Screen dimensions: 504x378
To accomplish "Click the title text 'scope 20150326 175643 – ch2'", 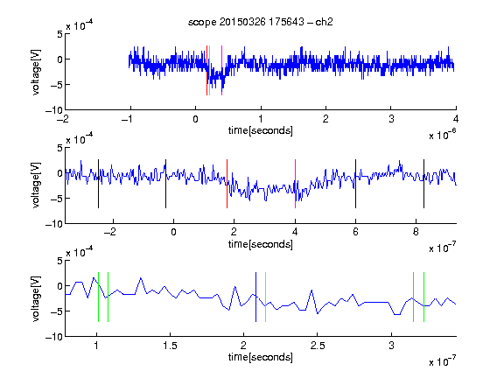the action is (261, 22).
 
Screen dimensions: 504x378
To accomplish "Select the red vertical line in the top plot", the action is (207, 70).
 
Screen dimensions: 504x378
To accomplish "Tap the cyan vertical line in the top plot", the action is (210, 70).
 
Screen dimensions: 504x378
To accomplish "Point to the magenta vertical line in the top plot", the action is (221, 70).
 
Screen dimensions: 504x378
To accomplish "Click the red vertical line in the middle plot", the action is (227, 184).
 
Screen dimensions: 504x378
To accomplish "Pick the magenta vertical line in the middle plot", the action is (295, 184).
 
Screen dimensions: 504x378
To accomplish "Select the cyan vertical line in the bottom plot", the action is (265, 297).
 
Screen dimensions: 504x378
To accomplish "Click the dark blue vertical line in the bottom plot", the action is (255, 297).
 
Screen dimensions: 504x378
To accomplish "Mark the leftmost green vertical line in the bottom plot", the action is (98, 297).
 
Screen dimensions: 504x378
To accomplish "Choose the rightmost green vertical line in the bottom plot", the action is (424, 297).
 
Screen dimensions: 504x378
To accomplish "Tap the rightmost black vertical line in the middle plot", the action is (424, 184).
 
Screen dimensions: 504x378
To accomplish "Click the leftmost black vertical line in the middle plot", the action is (98, 184).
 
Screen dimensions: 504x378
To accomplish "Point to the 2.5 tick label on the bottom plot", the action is (318, 346).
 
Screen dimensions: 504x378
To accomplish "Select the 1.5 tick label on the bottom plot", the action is (170, 346).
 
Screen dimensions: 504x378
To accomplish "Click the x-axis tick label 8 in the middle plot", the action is (416, 232).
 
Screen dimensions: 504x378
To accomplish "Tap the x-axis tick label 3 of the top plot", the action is (391, 119).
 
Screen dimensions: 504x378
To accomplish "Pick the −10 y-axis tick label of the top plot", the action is (54, 110).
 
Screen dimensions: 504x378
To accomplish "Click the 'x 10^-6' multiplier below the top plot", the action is (442, 134).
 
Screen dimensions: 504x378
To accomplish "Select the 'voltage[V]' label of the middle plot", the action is (36, 185).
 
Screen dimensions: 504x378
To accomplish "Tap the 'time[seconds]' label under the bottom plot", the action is (261, 357).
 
